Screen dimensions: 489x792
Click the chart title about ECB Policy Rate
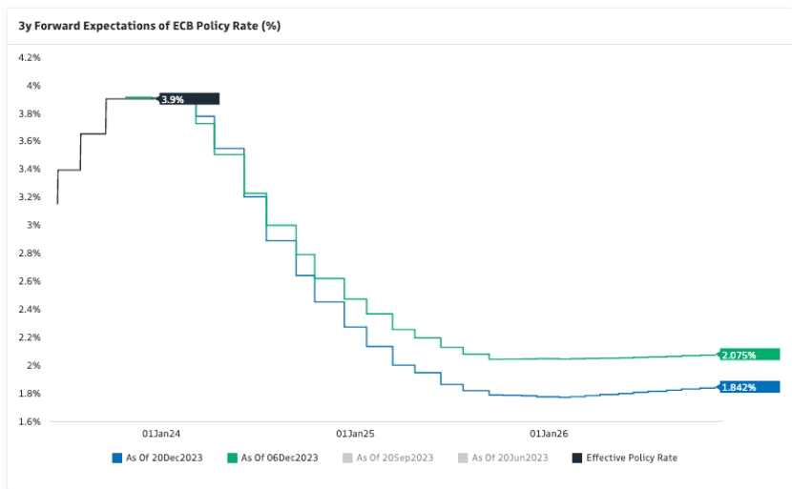pos(149,25)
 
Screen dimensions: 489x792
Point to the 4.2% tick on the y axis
pos(30,58)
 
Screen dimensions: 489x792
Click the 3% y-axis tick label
pos(34,226)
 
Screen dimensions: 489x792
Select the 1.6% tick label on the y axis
pos(30,421)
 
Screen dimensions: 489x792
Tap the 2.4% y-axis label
pos(30,310)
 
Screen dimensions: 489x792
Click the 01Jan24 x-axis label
pos(161,432)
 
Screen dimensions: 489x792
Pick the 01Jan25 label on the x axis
pos(355,432)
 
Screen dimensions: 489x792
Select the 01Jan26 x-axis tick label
pos(549,432)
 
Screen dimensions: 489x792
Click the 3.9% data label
pos(173,99)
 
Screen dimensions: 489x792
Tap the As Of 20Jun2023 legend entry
pos(510,458)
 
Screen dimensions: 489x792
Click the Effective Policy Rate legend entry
pos(631,458)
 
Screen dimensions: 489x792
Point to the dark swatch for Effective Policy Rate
pos(576,458)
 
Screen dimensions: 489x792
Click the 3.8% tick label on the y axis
pos(30,114)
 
